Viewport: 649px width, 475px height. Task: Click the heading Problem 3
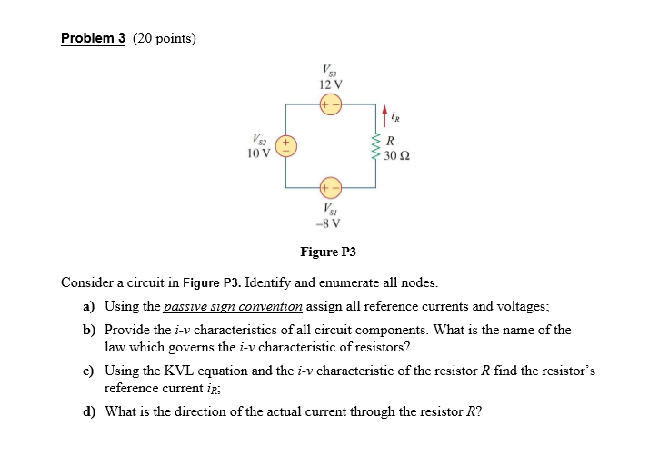click(93, 38)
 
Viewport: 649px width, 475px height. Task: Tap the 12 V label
click(329, 84)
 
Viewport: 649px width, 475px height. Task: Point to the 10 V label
click(258, 153)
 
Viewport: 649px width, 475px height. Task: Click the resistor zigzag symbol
click(375, 146)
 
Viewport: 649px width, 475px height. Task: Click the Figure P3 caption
click(329, 252)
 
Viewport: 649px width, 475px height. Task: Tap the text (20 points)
click(165, 38)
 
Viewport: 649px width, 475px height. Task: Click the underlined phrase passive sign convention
click(233, 307)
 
